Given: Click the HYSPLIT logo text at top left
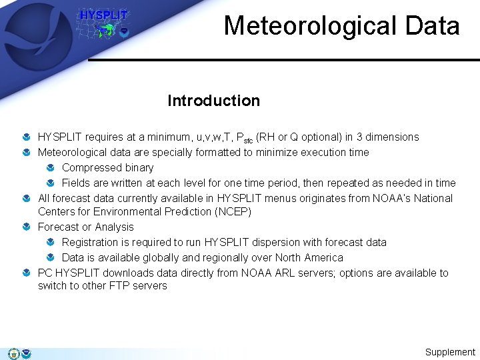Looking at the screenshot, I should pyautogui.click(x=103, y=15).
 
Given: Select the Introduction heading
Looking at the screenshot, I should pyautogui.click(x=213, y=101).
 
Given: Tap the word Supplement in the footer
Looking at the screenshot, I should pyautogui.click(x=450, y=352).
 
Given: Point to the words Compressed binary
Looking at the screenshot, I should pyautogui.click(x=107, y=167).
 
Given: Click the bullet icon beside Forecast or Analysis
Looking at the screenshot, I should pyautogui.click(x=25, y=227).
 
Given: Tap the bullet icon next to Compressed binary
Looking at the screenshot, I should pyautogui.click(x=50, y=168).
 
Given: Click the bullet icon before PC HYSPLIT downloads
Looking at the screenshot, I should pyautogui.click(x=25, y=273).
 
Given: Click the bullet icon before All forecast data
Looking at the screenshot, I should pyautogui.click(x=25, y=199).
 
